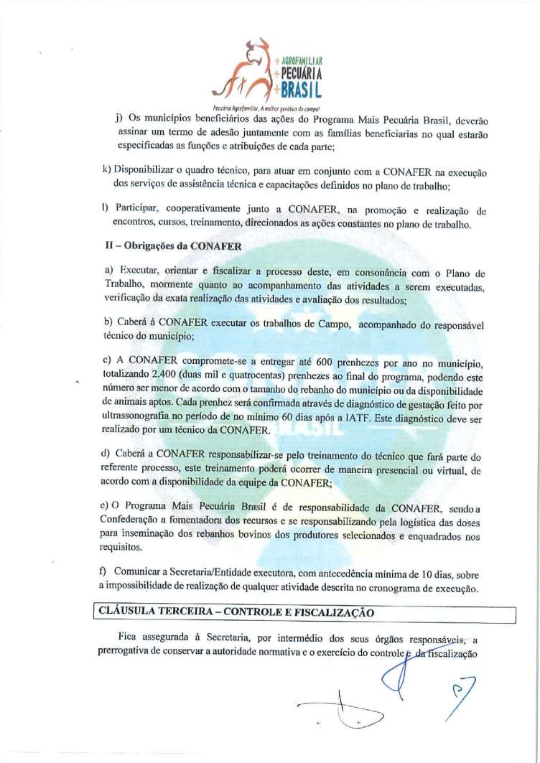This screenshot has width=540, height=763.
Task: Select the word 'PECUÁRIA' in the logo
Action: tap(301, 75)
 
